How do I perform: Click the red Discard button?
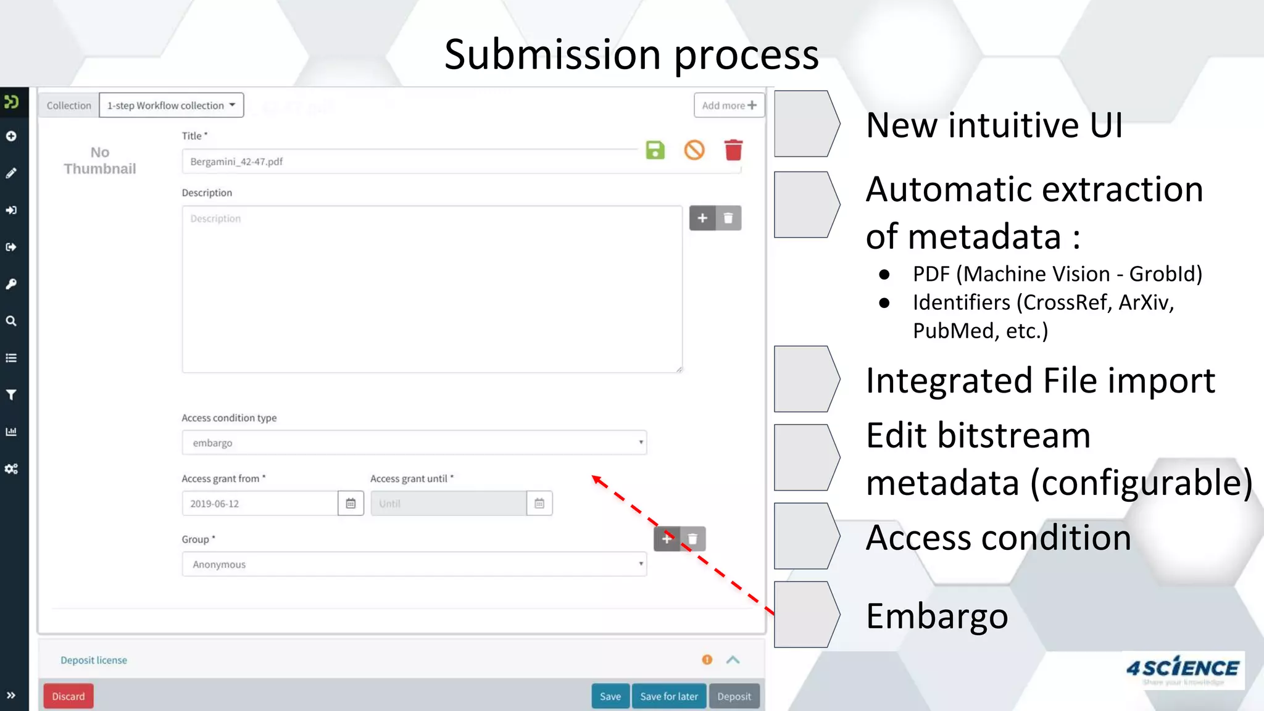pos(68,696)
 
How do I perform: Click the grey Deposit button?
pos(734,696)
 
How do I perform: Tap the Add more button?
pos(729,106)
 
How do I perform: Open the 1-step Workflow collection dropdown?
pos(171,106)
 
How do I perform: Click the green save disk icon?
pos(655,150)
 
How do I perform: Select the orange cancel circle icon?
pos(694,150)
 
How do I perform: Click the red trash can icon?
pos(733,150)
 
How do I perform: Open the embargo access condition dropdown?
pos(414,443)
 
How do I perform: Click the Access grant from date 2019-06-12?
pos(260,504)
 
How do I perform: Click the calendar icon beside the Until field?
pos(539,504)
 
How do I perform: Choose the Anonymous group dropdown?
pos(414,564)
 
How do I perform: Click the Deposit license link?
pos(94,660)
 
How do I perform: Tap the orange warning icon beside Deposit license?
pos(707,660)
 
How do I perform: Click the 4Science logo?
pos(1183,670)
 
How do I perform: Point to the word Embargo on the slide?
pos(937,616)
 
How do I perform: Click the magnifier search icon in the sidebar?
pos(11,321)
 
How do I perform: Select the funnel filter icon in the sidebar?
pos(11,395)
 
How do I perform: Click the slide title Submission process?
pos(631,54)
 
